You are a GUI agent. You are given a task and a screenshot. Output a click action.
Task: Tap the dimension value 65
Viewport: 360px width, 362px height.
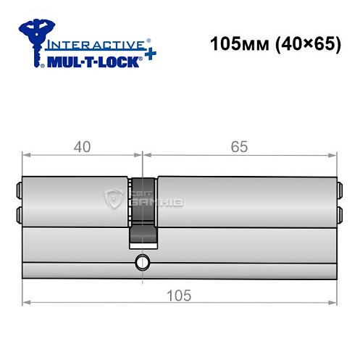(x=240, y=146)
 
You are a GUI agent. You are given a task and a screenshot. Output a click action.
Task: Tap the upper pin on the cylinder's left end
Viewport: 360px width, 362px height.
(x=18, y=192)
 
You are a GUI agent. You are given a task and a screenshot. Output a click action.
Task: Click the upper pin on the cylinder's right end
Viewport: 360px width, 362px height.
(x=339, y=192)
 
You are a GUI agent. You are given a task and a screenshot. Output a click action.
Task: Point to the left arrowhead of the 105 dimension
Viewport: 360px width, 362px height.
(x=26, y=303)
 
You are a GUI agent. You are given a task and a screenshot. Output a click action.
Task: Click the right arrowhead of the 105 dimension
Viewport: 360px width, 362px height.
(x=335, y=303)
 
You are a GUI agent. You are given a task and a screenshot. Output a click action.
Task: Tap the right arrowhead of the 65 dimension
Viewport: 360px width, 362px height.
(x=335, y=154)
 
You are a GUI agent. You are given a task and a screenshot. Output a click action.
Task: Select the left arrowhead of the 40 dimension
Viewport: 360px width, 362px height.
(x=26, y=154)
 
